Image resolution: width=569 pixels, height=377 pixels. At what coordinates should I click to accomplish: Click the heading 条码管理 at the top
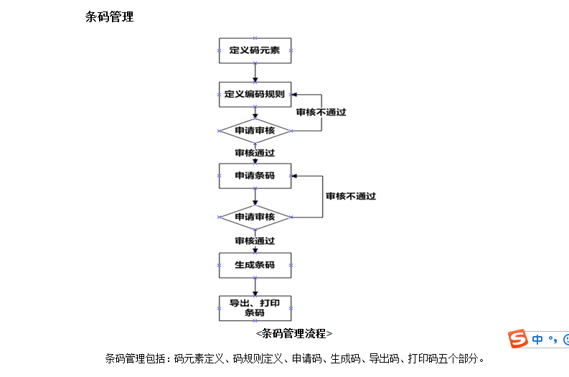click(109, 17)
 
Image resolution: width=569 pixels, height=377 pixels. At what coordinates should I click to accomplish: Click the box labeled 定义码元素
click(255, 50)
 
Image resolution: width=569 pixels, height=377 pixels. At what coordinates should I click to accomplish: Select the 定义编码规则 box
click(255, 94)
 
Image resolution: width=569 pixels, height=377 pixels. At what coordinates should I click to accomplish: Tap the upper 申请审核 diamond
click(255, 131)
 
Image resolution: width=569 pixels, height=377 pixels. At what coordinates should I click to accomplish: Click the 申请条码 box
click(255, 175)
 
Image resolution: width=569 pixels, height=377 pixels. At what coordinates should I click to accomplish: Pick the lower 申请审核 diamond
click(255, 217)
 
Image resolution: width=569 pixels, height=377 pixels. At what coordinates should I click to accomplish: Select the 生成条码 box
click(255, 265)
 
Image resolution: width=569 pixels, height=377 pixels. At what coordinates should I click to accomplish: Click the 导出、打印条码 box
click(255, 308)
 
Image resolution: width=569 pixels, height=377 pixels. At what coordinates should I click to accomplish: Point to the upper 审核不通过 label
click(321, 112)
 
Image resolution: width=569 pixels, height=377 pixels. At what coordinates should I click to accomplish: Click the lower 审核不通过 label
click(351, 196)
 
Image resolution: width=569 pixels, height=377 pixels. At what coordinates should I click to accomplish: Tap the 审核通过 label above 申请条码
click(255, 153)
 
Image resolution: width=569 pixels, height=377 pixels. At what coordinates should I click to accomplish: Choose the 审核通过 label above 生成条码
click(255, 241)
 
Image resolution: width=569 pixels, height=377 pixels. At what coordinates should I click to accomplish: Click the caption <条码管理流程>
click(293, 333)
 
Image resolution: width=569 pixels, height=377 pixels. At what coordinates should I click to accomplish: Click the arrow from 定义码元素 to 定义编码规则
click(255, 73)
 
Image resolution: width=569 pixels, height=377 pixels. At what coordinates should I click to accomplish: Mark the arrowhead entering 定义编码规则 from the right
click(296, 94)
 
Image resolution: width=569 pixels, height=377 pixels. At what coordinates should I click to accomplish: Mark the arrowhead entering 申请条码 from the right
click(296, 175)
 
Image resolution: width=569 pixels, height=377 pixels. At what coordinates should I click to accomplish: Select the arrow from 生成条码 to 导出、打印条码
click(255, 287)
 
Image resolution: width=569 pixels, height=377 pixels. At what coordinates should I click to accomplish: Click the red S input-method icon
click(518, 340)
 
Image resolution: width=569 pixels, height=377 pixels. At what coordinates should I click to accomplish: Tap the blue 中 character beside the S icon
click(537, 340)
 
